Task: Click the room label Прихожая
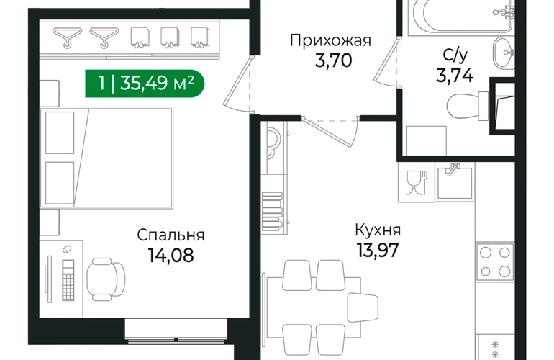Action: (x=330, y=40)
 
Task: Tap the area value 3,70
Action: (x=334, y=60)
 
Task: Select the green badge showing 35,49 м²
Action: (x=145, y=84)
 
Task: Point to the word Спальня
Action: (x=171, y=235)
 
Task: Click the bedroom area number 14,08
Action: (x=171, y=255)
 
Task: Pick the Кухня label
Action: (x=378, y=230)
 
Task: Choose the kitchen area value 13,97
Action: (x=378, y=250)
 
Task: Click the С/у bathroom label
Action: (x=455, y=55)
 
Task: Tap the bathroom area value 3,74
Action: (x=455, y=75)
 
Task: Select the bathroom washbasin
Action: (x=504, y=53)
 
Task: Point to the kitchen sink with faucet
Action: (x=455, y=182)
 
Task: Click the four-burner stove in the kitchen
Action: (x=495, y=261)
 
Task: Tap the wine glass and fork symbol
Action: (x=417, y=182)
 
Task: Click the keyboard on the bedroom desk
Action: (x=68, y=280)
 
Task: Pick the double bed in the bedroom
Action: (x=106, y=158)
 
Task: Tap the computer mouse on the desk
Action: (x=67, y=249)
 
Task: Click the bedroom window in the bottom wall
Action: (x=176, y=331)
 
